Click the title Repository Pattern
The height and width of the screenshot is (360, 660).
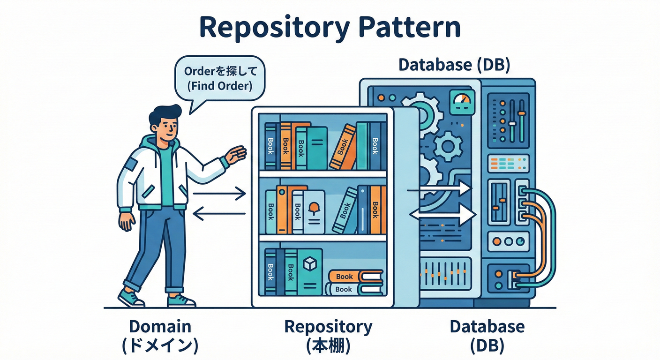pyautogui.click(x=330, y=28)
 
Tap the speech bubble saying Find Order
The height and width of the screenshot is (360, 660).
pyautogui.click(x=218, y=79)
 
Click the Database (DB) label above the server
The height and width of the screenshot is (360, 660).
pyautogui.click(x=454, y=65)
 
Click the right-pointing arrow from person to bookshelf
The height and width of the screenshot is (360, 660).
pyautogui.click(x=219, y=193)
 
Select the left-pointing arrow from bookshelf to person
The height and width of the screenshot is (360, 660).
pyautogui.click(x=219, y=214)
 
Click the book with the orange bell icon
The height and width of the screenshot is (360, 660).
pyautogui.click(x=314, y=212)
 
